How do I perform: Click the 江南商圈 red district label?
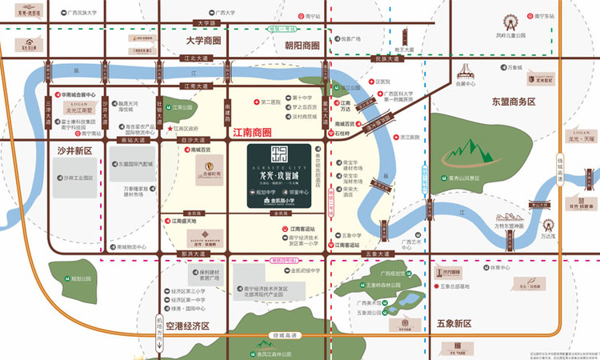[251, 131]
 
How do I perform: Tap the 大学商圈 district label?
[203, 41]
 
